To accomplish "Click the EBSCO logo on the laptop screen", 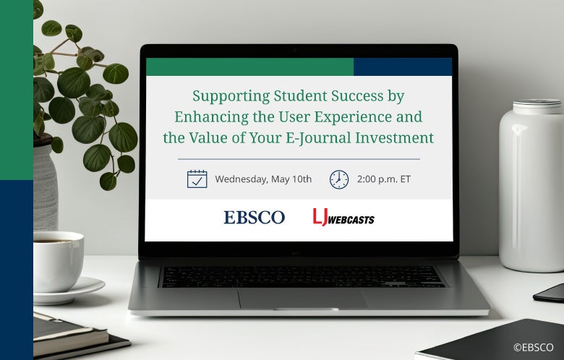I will point(254,217).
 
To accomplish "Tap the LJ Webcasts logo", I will point(343,217).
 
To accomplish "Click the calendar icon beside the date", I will point(197,179).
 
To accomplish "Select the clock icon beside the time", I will point(338,179).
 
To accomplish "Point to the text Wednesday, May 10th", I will point(263,179).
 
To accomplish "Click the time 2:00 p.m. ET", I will point(383,179).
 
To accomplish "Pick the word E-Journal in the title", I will point(325,137).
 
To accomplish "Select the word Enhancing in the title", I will point(205,116).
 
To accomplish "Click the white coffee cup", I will point(57,260).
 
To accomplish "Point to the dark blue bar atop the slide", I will point(402,67).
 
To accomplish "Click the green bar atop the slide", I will point(249,67).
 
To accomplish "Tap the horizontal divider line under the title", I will point(299,158).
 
